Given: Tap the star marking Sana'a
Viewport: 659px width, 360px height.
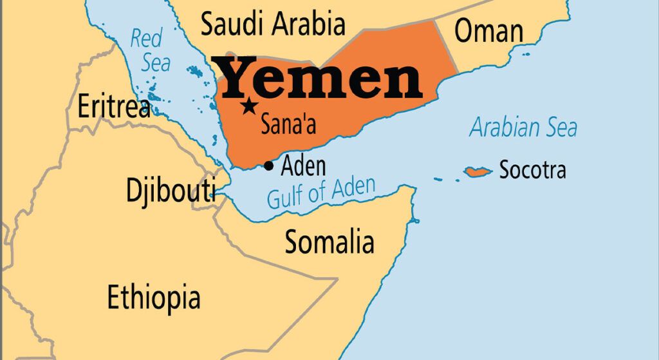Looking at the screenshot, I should point(249,107).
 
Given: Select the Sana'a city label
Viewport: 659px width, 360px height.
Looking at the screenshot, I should point(288,124).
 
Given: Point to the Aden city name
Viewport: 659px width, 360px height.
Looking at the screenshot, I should point(304,166).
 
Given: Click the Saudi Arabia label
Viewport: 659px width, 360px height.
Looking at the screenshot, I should point(273,24).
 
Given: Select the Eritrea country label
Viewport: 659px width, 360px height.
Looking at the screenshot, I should point(114,107).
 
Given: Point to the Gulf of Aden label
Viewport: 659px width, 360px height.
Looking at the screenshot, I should point(320,193).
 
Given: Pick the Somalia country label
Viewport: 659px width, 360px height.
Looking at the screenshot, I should point(329,242).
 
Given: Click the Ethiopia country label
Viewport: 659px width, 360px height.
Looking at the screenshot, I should point(153,298).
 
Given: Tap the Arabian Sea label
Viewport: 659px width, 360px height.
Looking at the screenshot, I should point(523,128).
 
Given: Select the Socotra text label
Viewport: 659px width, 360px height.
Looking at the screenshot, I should point(533,171).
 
